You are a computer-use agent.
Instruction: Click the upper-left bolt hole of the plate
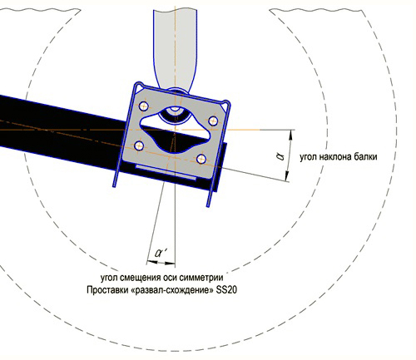pyautogui.click(x=144, y=106)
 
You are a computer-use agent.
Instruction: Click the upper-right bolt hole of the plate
pyautogui.click(x=213, y=121)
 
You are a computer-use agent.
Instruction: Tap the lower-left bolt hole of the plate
pyautogui.click(x=139, y=145)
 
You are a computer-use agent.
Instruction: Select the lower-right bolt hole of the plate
pyautogui.click(x=201, y=159)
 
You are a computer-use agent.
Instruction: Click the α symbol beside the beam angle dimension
pyautogui.click(x=280, y=156)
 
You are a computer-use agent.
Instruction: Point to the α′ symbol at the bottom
pyautogui.click(x=161, y=253)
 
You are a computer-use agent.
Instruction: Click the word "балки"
pyautogui.click(x=365, y=157)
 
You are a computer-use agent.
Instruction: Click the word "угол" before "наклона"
pyautogui.click(x=309, y=157)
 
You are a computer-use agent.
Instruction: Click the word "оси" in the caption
pyautogui.click(x=171, y=278)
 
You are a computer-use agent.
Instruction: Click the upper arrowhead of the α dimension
pyautogui.click(x=290, y=135)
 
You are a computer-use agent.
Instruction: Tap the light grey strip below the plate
pyautogui.click(x=166, y=172)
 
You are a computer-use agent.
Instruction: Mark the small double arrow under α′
pyautogui.click(x=161, y=262)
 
